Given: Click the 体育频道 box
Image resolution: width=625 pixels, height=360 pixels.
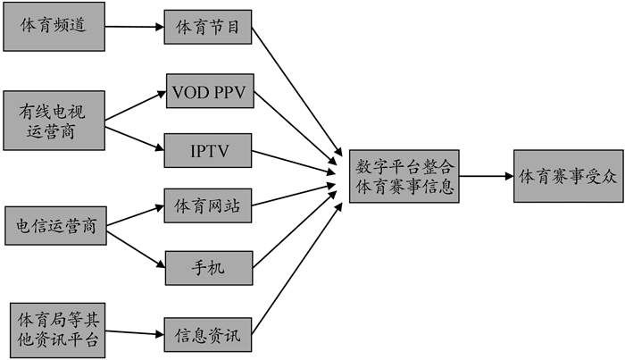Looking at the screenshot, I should [x=54, y=25].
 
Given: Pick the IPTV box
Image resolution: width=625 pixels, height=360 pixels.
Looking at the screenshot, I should [x=209, y=149].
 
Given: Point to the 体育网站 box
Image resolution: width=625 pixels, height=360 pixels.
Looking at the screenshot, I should [x=208, y=206].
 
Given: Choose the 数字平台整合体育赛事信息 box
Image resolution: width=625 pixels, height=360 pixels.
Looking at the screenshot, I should [x=405, y=176].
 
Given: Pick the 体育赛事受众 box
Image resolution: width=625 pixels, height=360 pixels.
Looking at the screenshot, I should [x=568, y=176].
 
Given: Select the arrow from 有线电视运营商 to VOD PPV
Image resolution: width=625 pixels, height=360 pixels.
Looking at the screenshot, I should [x=136, y=105].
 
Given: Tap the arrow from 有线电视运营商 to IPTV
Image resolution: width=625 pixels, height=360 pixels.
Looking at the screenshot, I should [x=136, y=136].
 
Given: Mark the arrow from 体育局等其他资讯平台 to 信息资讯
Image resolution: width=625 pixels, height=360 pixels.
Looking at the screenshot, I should [x=136, y=334].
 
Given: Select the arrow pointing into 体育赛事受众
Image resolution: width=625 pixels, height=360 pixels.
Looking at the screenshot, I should [x=487, y=176].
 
